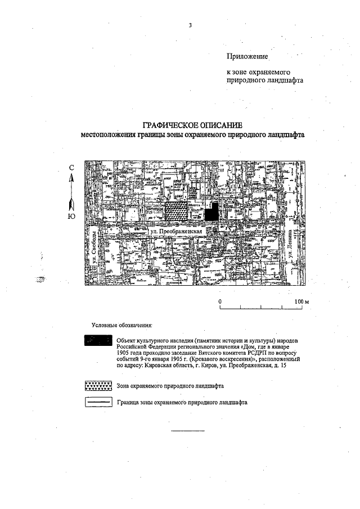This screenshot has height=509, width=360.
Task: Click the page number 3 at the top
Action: click(191, 25)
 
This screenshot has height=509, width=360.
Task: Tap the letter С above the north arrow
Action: click(71, 168)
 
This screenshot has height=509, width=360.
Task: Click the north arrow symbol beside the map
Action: click(71, 191)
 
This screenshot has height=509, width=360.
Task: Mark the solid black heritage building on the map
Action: click(211, 212)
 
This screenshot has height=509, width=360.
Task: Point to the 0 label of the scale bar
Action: click(220, 301)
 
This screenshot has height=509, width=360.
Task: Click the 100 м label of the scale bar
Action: click(302, 301)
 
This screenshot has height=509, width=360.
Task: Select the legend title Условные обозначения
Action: click(122, 325)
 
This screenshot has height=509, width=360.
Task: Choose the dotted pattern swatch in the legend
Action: click(98, 386)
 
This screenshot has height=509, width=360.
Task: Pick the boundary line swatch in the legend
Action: click(98, 403)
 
